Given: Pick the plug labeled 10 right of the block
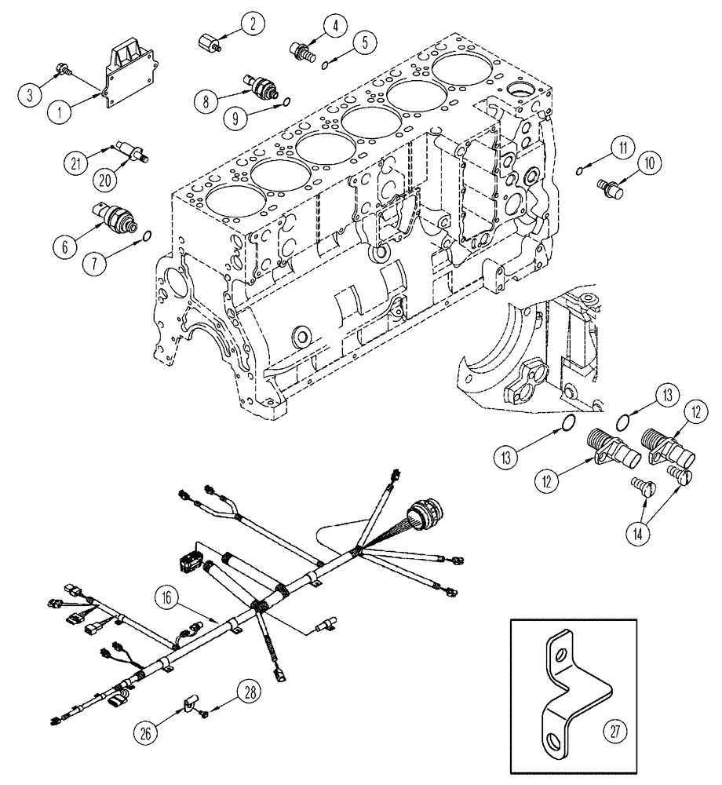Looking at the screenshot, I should (609, 189).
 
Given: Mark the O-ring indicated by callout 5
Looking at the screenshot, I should (326, 66).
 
